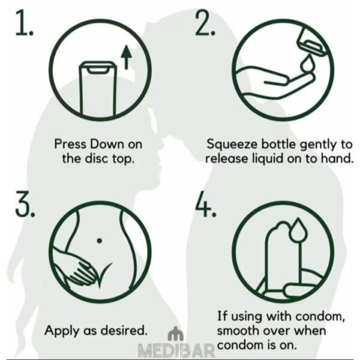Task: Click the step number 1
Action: click(x=24, y=23)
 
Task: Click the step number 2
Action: click(x=205, y=23)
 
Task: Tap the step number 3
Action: click(x=25, y=204)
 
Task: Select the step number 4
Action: click(x=206, y=204)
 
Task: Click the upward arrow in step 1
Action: click(x=126, y=57)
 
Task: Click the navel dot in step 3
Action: click(x=100, y=241)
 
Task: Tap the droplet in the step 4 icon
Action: click(x=298, y=230)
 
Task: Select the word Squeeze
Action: click(x=232, y=145)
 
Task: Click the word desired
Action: click(x=124, y=331)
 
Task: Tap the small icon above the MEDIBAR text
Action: click(x=176, y=334)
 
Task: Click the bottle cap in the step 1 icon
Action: click(x=98, y=67)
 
